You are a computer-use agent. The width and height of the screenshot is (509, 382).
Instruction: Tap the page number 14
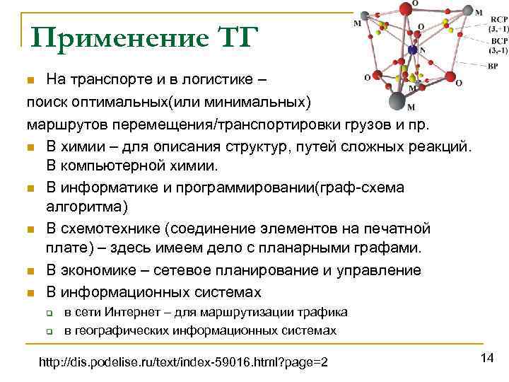tap(486, 359)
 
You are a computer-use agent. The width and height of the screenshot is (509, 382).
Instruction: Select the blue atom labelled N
tap(413, 50)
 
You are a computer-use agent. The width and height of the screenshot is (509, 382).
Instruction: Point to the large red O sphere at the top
tap(406, 8)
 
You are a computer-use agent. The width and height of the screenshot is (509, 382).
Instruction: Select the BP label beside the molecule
tap(493, 66)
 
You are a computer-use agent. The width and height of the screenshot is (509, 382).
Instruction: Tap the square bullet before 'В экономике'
tap(31, 272)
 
